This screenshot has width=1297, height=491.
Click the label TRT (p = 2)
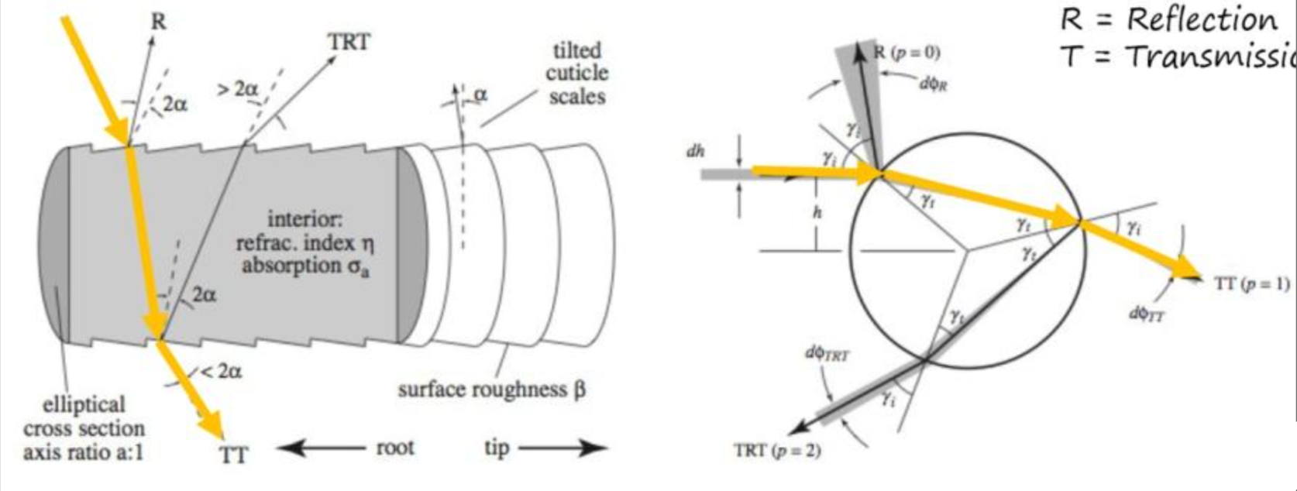pyautogui.click(x=776, y=450)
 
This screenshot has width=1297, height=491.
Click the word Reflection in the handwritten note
pyautogui.click(x=1201, y=19)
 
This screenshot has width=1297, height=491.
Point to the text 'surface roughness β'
pyautogui.click(x=491, y=389)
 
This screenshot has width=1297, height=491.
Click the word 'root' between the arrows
pyautogui.click(x=395, y=448)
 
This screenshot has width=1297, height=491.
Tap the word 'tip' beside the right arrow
pyautogui.click(x=496, y=448)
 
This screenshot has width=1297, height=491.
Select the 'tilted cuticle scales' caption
pyautogui.click(x=576, y=74)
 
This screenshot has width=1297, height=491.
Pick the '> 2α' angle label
pyautogui.click(x=237, y=89)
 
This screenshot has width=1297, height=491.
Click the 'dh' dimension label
pyautogui.click(x=695, y=151)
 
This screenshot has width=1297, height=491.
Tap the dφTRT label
pyautogui.click(x=827, y=354)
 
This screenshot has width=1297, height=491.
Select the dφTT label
pyautogui.click(x=1147, y=314)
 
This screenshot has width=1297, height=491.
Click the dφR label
pyautogui.click(x=933, y=83)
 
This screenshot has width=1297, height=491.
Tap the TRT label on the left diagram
pyautogui.click(x=349, y=42)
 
